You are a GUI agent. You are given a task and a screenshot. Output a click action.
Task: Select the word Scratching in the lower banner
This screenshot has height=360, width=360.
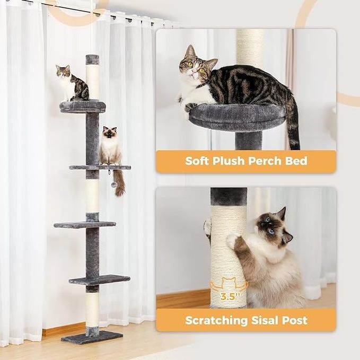pos(216,321)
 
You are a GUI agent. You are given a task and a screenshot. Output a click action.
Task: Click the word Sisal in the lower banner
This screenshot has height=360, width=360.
pos(265,320)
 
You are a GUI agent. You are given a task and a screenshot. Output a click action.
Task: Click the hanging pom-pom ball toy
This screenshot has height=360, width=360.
pos(113,185)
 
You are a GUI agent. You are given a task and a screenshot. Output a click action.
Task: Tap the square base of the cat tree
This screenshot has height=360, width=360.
pos(92,337)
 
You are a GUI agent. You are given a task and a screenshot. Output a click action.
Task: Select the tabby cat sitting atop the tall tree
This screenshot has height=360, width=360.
pos(72,83)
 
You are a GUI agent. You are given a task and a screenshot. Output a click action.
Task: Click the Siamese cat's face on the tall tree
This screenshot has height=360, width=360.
pos(110,133)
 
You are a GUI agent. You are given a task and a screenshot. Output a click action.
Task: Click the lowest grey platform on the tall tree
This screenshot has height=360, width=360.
pos(99,280)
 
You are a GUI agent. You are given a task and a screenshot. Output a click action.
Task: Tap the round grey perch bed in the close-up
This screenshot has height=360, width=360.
pos(237,117)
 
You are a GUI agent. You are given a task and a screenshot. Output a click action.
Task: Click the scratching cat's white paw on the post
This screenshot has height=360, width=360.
pos(232,239)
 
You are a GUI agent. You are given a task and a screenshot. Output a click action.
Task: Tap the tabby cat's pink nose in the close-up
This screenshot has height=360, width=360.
pos(194,73)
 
